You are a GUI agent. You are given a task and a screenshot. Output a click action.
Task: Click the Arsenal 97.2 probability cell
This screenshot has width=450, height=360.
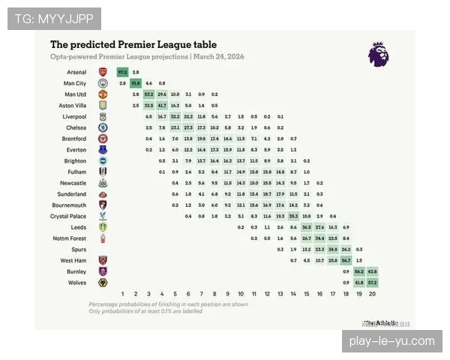point(122,72)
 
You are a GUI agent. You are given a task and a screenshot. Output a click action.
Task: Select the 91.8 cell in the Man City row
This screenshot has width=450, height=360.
point(136,83)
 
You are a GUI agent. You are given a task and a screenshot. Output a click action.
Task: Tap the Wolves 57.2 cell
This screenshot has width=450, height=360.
point(372,282)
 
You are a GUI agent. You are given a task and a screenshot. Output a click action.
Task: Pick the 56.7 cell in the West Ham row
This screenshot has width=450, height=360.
point(346,259)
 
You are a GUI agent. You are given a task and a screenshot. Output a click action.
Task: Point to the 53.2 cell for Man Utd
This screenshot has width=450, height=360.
point(149,94)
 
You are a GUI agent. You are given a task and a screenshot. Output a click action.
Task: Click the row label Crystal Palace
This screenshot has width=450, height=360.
point(69,215)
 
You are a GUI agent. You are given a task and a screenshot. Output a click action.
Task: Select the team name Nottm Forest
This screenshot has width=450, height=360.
point(70,238)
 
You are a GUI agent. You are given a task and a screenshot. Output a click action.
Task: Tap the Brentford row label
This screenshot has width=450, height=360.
point(74,139)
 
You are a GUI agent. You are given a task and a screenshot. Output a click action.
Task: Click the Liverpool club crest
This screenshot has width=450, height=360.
point(102,117)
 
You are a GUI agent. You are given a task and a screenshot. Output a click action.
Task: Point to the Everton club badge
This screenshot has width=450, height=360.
point(102,150)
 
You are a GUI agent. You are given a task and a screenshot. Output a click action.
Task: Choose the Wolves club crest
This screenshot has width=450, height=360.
point(102,282)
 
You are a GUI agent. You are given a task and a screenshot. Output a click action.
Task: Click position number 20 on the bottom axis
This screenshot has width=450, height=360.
point(372,294)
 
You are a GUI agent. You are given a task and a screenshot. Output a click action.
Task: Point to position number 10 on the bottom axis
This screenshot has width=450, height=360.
point(241,294)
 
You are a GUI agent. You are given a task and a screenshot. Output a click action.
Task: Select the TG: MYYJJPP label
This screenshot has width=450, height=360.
point(54,18)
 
